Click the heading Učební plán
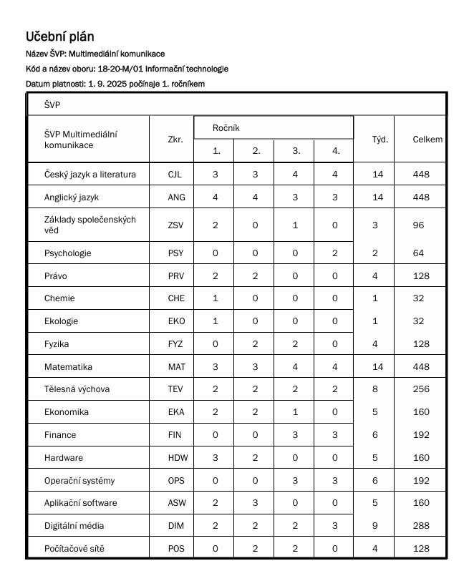click(60, 36)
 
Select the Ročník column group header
click(226, 127)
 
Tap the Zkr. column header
click(175, 140)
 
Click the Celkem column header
click(427, 140)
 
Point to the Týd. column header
click(379, 140)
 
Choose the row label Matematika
click(68, 367)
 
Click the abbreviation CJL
click(175, 175)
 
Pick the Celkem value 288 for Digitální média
click(421, 526)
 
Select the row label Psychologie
click(68, 253)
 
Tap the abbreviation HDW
click(175, 458)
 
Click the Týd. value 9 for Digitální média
click(375, 526)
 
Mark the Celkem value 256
click(421, 389)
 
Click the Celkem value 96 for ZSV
click(419, 225)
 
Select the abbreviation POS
click(175, 549)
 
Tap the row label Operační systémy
click(79, 481)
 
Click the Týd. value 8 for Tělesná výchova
click(375, 389)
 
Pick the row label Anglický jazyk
click(73, 197)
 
